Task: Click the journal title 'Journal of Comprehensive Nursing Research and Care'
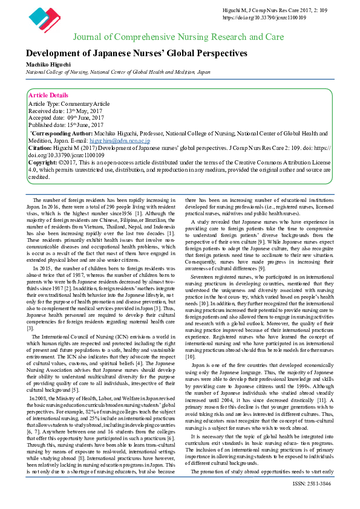178,37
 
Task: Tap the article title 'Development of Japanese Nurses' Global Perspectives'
136,53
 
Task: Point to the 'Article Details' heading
48,96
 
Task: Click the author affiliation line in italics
118,71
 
